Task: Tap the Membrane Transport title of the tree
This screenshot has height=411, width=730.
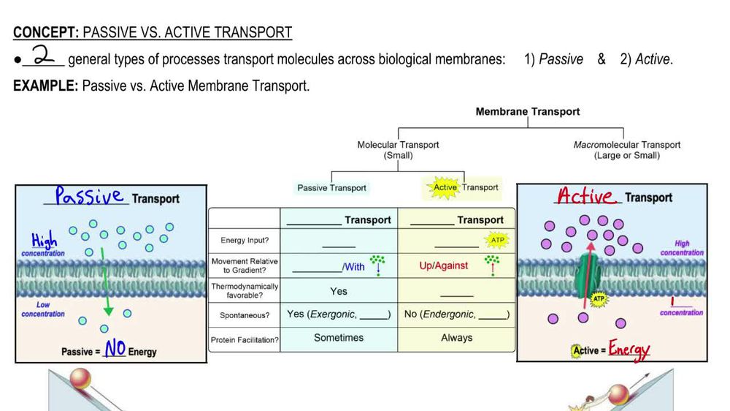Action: coord(527,112)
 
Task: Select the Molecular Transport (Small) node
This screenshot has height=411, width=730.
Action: coord(398,150)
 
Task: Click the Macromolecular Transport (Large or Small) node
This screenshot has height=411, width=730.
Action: coord(626,150)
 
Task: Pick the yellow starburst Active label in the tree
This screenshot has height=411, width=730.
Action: coord(445,187)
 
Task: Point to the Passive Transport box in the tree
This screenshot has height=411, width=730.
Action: coord(331,188)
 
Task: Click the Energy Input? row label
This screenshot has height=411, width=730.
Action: coord(244,241)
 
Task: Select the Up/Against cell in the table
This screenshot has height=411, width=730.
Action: coord(443,265)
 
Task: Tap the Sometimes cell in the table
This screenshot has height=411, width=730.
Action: coord(339,338)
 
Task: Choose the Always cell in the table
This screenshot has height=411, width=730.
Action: coord(456,338)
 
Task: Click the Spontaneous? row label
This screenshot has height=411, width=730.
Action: coord(244,315)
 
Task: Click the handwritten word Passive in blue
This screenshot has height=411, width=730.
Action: coord(89,196)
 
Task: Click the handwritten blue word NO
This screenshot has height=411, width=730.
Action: coord(115,349)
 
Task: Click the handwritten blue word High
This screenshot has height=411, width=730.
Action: coord(44,241)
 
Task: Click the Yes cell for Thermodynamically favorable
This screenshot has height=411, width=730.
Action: coord(339,291)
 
